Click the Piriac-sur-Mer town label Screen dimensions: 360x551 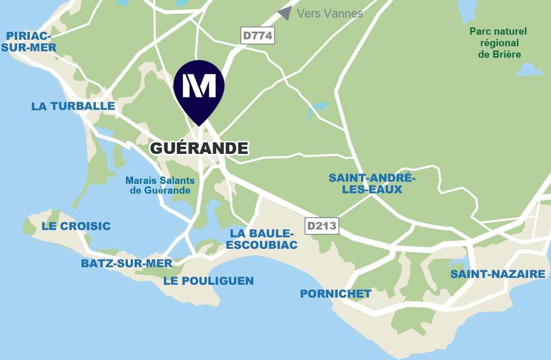click(x=29, y=41)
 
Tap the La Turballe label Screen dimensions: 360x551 click(x=73, y=106)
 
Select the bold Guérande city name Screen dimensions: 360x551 click(x=199, y=148)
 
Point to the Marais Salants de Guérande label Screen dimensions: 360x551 click(x=160, y=186)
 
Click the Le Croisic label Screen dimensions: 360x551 click(x=76, y=226)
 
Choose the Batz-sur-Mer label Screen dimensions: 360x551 click(x=127, y=263)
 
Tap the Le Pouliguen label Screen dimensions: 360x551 click(x=208, y=281)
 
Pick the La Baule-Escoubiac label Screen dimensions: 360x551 click(x=261, y=239)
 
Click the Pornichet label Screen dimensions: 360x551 click(x=335, y=294)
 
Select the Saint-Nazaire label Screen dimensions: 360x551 click(x=498, y=274)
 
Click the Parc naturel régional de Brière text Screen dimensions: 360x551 click(x=498, y=43)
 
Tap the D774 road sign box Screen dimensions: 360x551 click(x=257, y=35)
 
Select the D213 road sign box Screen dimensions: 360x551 click(x=322, y=226)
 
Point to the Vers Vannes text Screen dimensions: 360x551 click(x=330, y=14)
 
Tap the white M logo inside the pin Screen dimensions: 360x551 click(x=199, y=85)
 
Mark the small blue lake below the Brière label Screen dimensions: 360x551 click(x=529, y=70)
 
